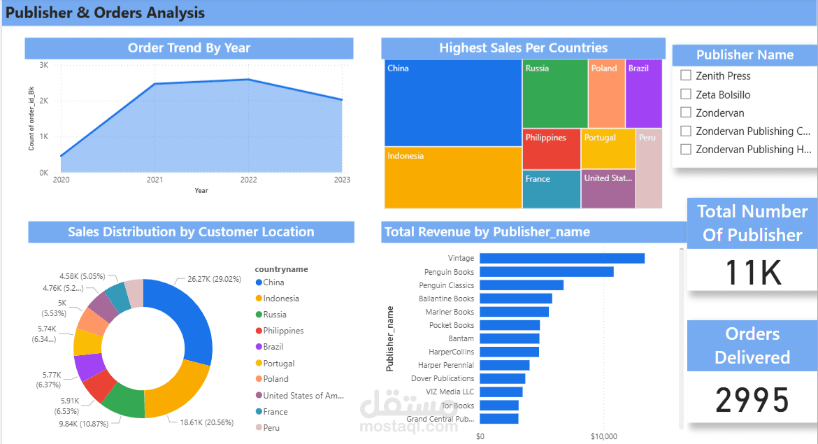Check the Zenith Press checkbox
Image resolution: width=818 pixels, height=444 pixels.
[686, 76]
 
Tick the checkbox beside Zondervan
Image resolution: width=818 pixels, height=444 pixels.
[686, 113]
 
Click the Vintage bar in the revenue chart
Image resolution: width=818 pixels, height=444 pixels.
[562, 258]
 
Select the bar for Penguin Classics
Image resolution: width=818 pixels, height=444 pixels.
[522, 285]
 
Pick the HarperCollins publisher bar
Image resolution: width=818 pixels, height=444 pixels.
[509, 352]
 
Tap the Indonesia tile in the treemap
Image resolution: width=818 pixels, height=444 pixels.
[453, 178]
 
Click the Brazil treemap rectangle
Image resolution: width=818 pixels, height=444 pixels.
[644, 94]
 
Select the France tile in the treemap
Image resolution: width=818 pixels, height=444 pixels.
[552, 189]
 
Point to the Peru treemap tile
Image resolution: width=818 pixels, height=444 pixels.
[649, 169]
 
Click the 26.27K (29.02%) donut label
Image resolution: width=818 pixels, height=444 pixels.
[215, 279]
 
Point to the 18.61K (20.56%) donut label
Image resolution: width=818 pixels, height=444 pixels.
[206, 422]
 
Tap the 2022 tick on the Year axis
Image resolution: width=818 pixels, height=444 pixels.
[248, 180]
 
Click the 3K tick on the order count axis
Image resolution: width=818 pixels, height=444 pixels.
[44, 65]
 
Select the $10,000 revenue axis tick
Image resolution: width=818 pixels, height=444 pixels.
[603, 436]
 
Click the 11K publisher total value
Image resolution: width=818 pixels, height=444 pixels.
[753, 273]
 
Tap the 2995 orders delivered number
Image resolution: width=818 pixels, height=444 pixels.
[752, 400]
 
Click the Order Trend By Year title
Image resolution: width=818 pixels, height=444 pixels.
[189, 48]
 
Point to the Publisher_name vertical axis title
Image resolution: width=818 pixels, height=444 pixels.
[389, 338]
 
